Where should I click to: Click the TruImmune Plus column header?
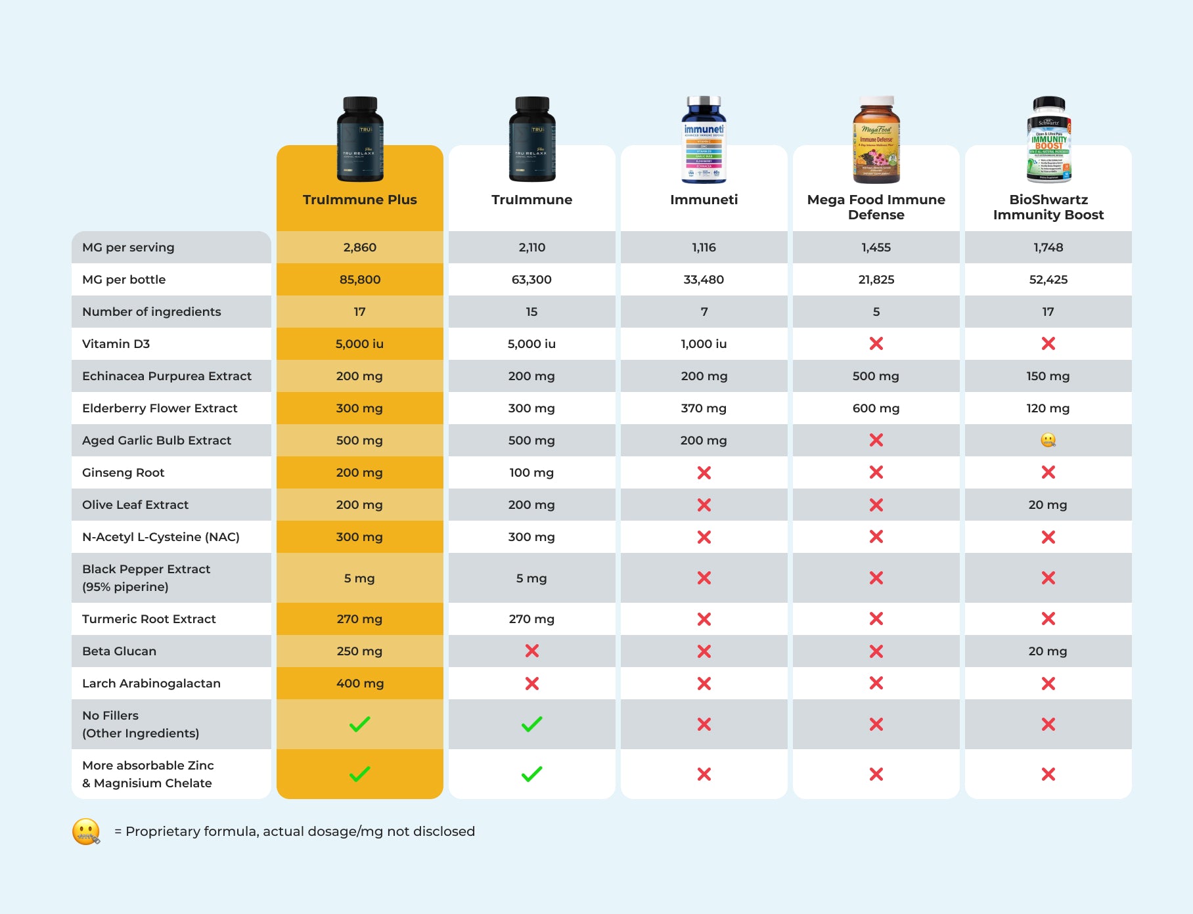click(359, 200)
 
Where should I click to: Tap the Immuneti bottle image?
click(704, 139)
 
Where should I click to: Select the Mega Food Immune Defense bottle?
click(876, 139)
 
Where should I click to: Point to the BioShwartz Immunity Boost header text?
click(1048, 207)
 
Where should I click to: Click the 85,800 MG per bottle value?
click(359, 280)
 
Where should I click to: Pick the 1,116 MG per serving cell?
click(704, 248)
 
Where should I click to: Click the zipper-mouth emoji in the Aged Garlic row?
click(1048, 440)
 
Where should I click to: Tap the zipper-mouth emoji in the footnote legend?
click(86, 831)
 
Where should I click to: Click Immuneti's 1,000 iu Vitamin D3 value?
click(704, 344)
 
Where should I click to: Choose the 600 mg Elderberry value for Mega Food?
click(876, 408)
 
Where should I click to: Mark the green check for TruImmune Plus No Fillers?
click(359, 724)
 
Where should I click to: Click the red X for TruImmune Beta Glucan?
click(531, 651)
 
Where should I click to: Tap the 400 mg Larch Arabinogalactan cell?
click(359, 684)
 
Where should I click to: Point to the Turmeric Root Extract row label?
click(149, 619)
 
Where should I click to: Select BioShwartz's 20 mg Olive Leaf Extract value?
click(1048, 505)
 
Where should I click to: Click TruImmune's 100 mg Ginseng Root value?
click(531, 473)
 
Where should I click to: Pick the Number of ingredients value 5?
click(876, 312)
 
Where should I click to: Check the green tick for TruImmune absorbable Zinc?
click(531, 774)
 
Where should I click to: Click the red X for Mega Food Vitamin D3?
click(876, 343)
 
